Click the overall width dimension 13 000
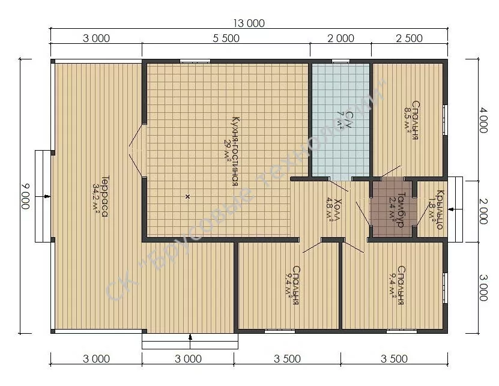pos(249,23)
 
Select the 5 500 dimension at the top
pos(226,38)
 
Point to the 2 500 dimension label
pos(410,38)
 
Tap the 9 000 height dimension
pos(25,196)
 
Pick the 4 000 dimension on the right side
pos(483,120)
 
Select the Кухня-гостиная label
pos(236,151)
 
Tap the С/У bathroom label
pos(349,119)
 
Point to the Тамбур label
pos(401,210)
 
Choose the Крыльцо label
pos(440,210)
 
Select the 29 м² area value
pos(228,151)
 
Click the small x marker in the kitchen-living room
pos(187,196)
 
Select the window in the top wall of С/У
pos(341,61)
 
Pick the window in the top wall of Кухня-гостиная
pos(195,61)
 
